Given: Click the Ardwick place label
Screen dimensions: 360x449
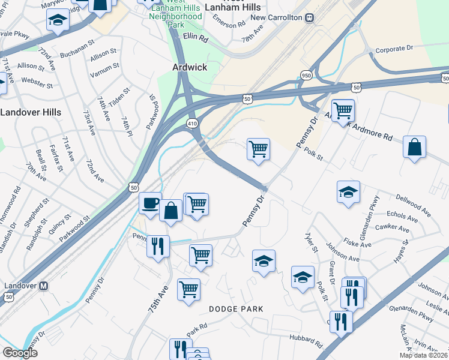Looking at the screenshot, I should pyautogui.click(x=190, y=67).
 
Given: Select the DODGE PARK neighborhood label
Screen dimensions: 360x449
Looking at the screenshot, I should pyautogui.click(x=236, y=308).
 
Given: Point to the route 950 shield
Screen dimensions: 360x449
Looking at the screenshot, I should pyautogui.click(x=306, y=76).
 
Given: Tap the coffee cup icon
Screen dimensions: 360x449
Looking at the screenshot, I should pyautogui.click(x=150, y=202).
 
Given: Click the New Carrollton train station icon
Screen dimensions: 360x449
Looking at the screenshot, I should pyautogui.click(x=309, y=17).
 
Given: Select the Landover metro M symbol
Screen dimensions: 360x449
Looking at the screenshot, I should pyautogui.click(x=43, y=286).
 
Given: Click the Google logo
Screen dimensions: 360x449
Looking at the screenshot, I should pyautogui.click(x=20, y=353).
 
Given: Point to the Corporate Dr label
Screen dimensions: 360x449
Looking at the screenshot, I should pyautogui.click(x=394, y=50).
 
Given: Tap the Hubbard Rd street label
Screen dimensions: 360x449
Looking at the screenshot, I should pyautogui.click(x=306, y=343).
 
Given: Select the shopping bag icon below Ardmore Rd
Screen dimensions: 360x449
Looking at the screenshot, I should pyautogui.click(x=414, y=147).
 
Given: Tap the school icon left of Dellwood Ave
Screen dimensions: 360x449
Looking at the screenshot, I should pyautogui.click(x=348, y=192).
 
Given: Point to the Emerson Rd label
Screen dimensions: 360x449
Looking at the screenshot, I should pyautogui.click(x=233, y=25).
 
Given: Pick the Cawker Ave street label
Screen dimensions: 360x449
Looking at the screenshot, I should pyautogui.click(x=392, y=228).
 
